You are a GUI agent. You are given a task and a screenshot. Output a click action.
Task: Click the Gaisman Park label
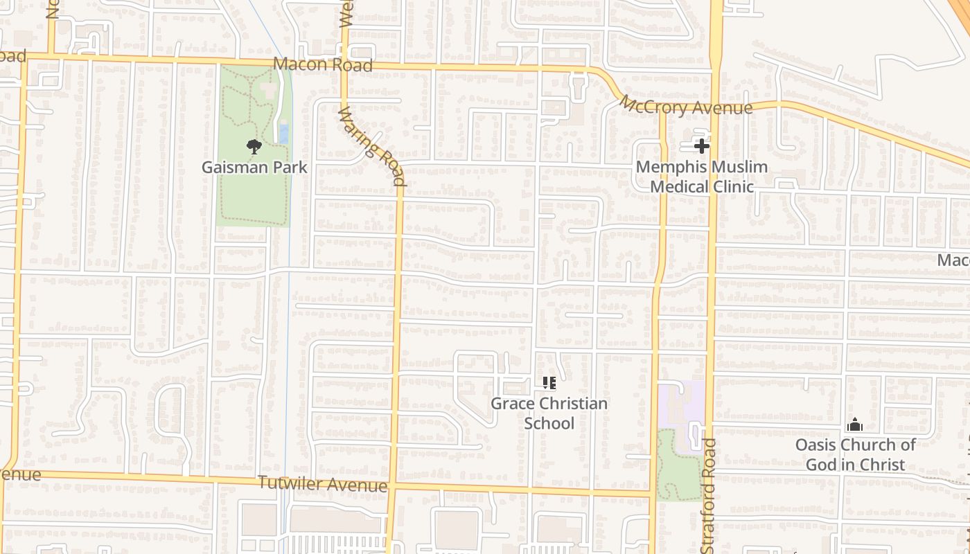pos(254,168)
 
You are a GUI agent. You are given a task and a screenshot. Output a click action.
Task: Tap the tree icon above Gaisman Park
pos(254,146)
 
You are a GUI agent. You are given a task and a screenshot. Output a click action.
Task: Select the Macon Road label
pos(323,64)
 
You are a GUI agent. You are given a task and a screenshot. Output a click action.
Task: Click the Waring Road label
pos(371,146)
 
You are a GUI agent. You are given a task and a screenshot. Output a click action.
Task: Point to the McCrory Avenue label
pos(685,106)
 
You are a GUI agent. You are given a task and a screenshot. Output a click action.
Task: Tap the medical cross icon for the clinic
pos(701,146)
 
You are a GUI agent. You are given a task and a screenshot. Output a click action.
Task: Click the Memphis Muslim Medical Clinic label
pos(702,177)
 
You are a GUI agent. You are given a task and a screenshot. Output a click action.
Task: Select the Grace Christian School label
pos(549,413)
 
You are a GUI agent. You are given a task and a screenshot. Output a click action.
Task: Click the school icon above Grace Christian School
pos(549,383)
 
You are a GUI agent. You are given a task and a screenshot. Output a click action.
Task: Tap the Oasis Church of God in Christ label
pos(855,454)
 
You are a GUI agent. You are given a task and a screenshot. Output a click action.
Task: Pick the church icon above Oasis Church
pos(855,425)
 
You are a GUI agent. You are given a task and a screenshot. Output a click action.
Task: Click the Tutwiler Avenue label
pos(323,483)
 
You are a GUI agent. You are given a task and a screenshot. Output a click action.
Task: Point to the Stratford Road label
pos(707,494)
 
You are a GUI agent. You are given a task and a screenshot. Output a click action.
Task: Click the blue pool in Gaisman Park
pos(283,132)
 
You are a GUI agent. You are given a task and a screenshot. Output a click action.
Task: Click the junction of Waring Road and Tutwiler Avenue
pos(391,484)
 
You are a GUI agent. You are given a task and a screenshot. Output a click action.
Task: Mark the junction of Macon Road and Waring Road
pos(344,64)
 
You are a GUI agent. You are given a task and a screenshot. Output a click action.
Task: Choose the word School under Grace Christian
pos(549,422)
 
